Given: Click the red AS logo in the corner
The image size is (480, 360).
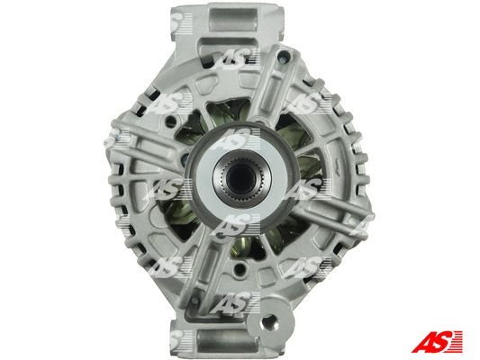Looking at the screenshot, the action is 437,341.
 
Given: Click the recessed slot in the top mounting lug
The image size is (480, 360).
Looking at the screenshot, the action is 233,18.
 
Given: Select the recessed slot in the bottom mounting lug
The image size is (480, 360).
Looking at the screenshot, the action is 226,341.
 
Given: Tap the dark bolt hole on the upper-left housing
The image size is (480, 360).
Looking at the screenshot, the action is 170,121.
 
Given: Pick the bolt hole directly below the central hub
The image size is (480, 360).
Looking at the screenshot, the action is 240,268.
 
